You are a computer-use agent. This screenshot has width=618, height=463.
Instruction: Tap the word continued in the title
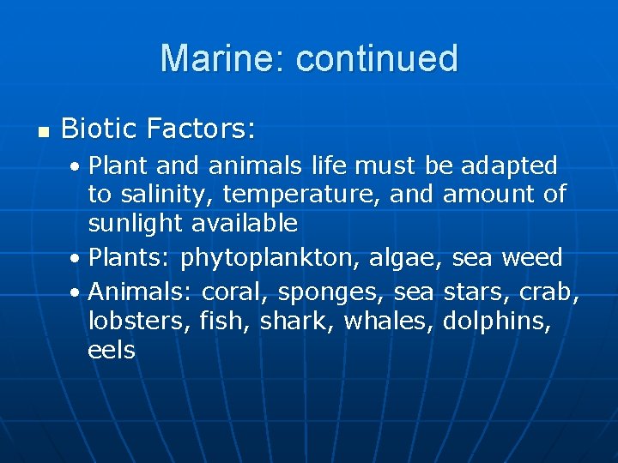coord(377,58)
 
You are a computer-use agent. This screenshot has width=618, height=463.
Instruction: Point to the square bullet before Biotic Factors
coord(42,132)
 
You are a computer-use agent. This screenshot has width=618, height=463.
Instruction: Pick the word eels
coord(112,350)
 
